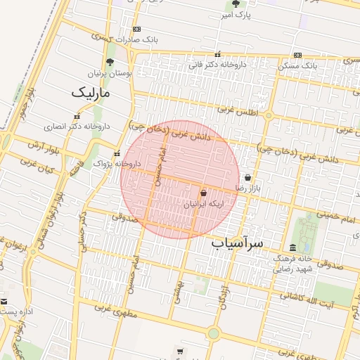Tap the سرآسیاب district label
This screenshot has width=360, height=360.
(x=237, y=243)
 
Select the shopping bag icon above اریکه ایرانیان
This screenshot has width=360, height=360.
(x=203, y=192)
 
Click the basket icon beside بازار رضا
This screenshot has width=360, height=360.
(x=247, y=177)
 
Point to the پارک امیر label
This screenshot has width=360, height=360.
(x=235, y=14)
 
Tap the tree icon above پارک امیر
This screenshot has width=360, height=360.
(x=236, y=4)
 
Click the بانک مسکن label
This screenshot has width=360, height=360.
(x=297, y=65)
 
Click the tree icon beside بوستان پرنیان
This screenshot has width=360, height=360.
(x=110, y=61)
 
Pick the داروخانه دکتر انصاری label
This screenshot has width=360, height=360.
(x=77, y=127)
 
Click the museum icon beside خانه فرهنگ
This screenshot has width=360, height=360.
(x=292, y=247)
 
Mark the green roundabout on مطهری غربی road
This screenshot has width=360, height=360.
(x=214, y=333)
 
